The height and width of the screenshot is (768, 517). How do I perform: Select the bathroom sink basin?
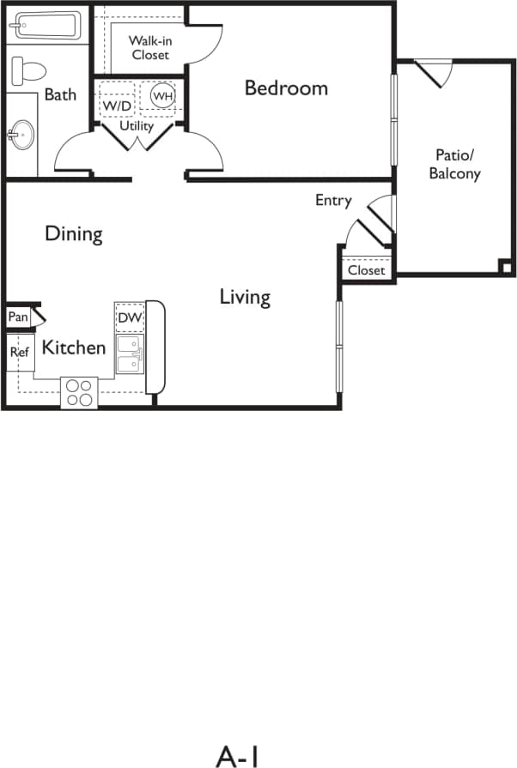(22, 135)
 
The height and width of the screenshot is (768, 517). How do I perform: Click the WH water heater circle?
(162, 96)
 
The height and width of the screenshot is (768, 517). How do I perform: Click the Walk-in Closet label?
(149, 48)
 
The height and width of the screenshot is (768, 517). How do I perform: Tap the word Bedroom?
(286, 88)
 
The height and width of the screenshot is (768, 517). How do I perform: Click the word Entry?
(333, 201)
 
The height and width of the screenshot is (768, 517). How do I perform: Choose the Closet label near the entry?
(367, 270)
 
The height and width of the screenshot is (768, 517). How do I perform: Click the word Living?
(245, 298)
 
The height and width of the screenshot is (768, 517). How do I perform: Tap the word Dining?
(74, 233)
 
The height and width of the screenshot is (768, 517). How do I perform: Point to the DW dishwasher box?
(130, 317)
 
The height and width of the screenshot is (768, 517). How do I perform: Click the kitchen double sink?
(130, 354)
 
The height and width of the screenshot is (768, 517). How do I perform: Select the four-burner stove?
(79, 392)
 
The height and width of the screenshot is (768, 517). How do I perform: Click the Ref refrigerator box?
(20, 352)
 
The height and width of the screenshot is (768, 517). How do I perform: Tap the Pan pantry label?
(17, 317)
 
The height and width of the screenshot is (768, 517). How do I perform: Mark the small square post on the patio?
(506, 268)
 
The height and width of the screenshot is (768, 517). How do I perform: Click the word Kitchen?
(74, 348)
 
